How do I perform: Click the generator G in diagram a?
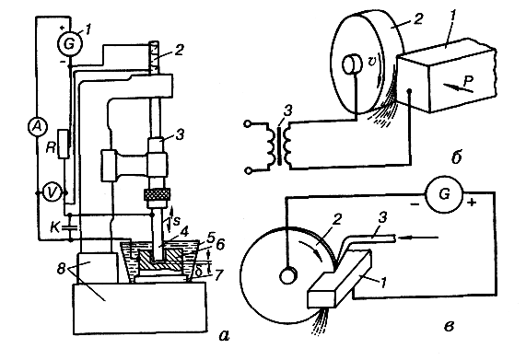69,43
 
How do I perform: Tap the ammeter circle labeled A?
37,127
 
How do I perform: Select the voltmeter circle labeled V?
52,192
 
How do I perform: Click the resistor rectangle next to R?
64,144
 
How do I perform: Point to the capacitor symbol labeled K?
70,227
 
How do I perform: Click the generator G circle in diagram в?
444,194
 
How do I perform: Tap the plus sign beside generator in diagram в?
472,203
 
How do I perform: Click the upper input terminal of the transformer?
248,124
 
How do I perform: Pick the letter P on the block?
468,81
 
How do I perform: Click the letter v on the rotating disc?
371,62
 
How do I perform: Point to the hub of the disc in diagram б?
351,64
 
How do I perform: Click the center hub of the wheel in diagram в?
287,276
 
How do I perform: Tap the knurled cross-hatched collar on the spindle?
158,194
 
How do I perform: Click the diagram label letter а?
224,334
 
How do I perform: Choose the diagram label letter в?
449,326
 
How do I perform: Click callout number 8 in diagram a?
61,269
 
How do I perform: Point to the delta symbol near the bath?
199,272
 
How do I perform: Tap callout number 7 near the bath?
218,275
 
